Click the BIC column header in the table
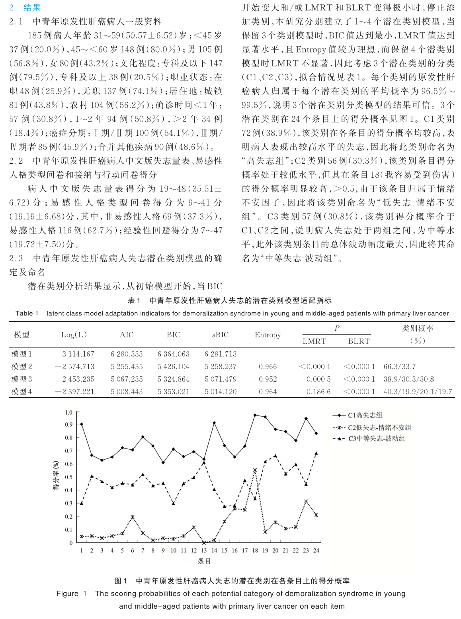[173, 335]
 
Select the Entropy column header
[268, 335]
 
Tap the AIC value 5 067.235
[127, 379]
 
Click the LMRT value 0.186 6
[318, 392]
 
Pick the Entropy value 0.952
[268, 379]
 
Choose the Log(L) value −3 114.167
[74, 354]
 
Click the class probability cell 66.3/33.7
[399, 366]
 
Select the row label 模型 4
[21, 392]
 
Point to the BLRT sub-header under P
[359, 341]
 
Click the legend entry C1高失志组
[365, 415]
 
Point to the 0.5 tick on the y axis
[69, 477]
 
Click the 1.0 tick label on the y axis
[69, 412]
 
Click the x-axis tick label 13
[204, 550]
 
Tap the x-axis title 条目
[204, 561]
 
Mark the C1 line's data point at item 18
[255, 415]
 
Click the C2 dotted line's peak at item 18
[255, 470]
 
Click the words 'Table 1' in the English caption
[27, 313]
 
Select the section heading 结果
[32, 8]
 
